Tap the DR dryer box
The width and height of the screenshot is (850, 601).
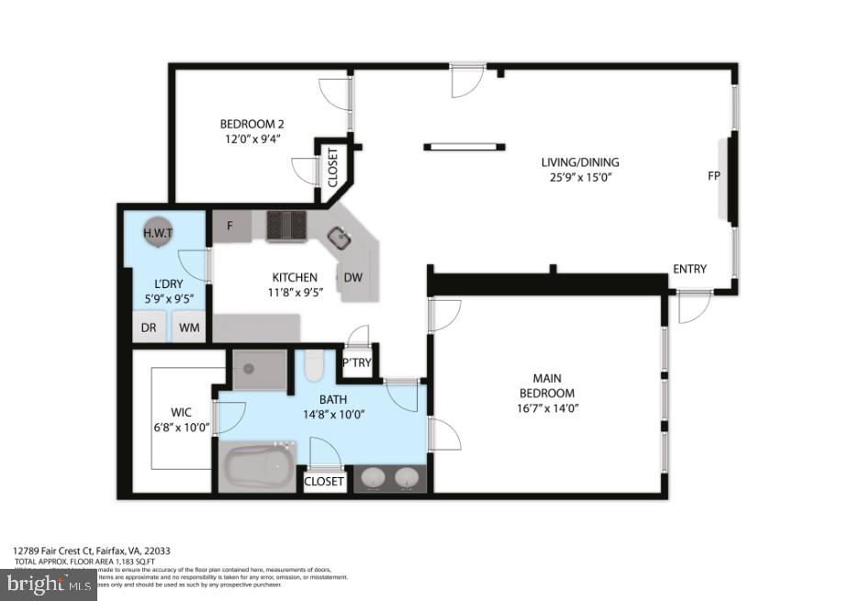[149, 328]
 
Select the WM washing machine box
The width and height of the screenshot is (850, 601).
[190, 328]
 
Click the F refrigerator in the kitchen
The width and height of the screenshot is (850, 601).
[230, 226]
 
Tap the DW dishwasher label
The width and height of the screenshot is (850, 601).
[353, 278]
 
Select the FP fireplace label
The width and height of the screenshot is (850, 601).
[713, 176]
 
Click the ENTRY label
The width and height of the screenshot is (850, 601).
[689, 269]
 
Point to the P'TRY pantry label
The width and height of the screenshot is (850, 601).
[356, 363]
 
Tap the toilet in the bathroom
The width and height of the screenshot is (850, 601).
[312, 367]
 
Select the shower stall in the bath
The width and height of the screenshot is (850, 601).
[259, 370]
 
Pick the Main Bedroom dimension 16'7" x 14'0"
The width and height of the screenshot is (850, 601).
[547, 408]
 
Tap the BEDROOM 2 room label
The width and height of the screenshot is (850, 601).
[252, 125]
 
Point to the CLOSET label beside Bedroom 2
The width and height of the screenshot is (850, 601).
[332, 166]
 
